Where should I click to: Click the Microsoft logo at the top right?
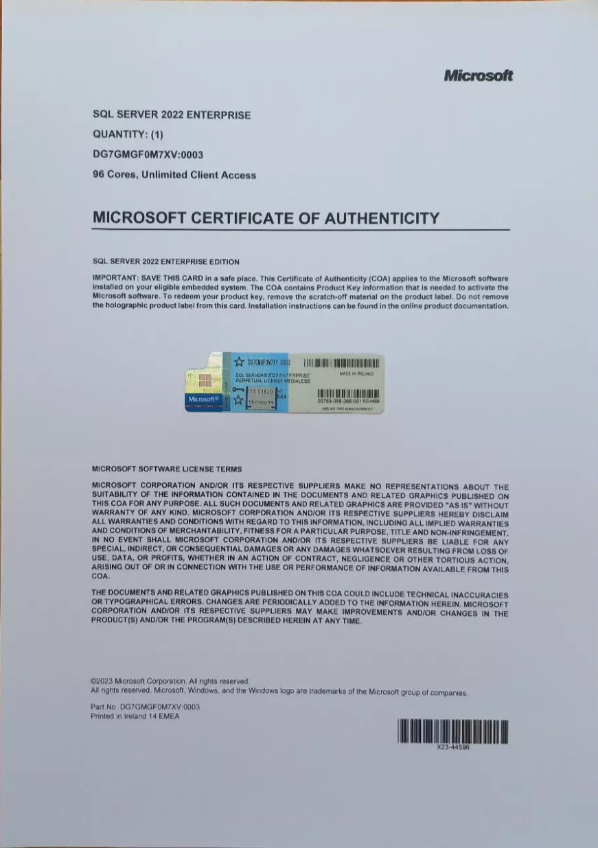pyautogui.click(x=478, y=75)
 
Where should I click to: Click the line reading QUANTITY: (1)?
pyautogui.click(x=128, y=134)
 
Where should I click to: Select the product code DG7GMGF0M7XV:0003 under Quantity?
pyautogui.click(x=148, y=154)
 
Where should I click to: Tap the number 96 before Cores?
pyautogui.click(x=98, y=175)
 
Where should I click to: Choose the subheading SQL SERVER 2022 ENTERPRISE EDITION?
pyautogui.click(x=165, y=261)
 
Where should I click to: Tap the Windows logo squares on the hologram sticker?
pyautogui.click(x=204, y=381)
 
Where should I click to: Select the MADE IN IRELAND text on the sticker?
pyautogui.click(x=356, y=374)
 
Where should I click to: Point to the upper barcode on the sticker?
pyautogui.click(x=341, y=362)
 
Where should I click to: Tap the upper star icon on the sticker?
pyautogui.click(x=239, y=362)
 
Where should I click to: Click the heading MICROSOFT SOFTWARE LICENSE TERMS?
pyautogui.click(x=166, y=469)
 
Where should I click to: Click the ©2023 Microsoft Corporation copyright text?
pyautogui.click(x=170, y=681)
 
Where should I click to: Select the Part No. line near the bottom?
pyautogui.click(x=145, y=706)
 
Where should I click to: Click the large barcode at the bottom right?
pyautogui.click(x=452, y=732)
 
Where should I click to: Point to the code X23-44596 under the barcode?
pyautogui.click(x=453, y=748)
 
